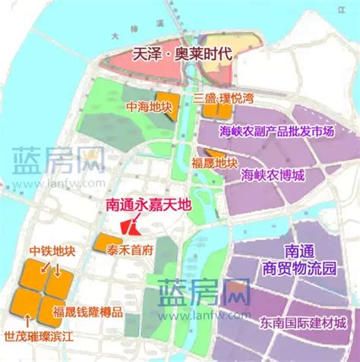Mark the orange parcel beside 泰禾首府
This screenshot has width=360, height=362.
[101, 243]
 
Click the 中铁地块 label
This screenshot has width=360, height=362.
[52, 251]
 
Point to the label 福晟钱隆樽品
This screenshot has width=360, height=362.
[86, 311]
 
